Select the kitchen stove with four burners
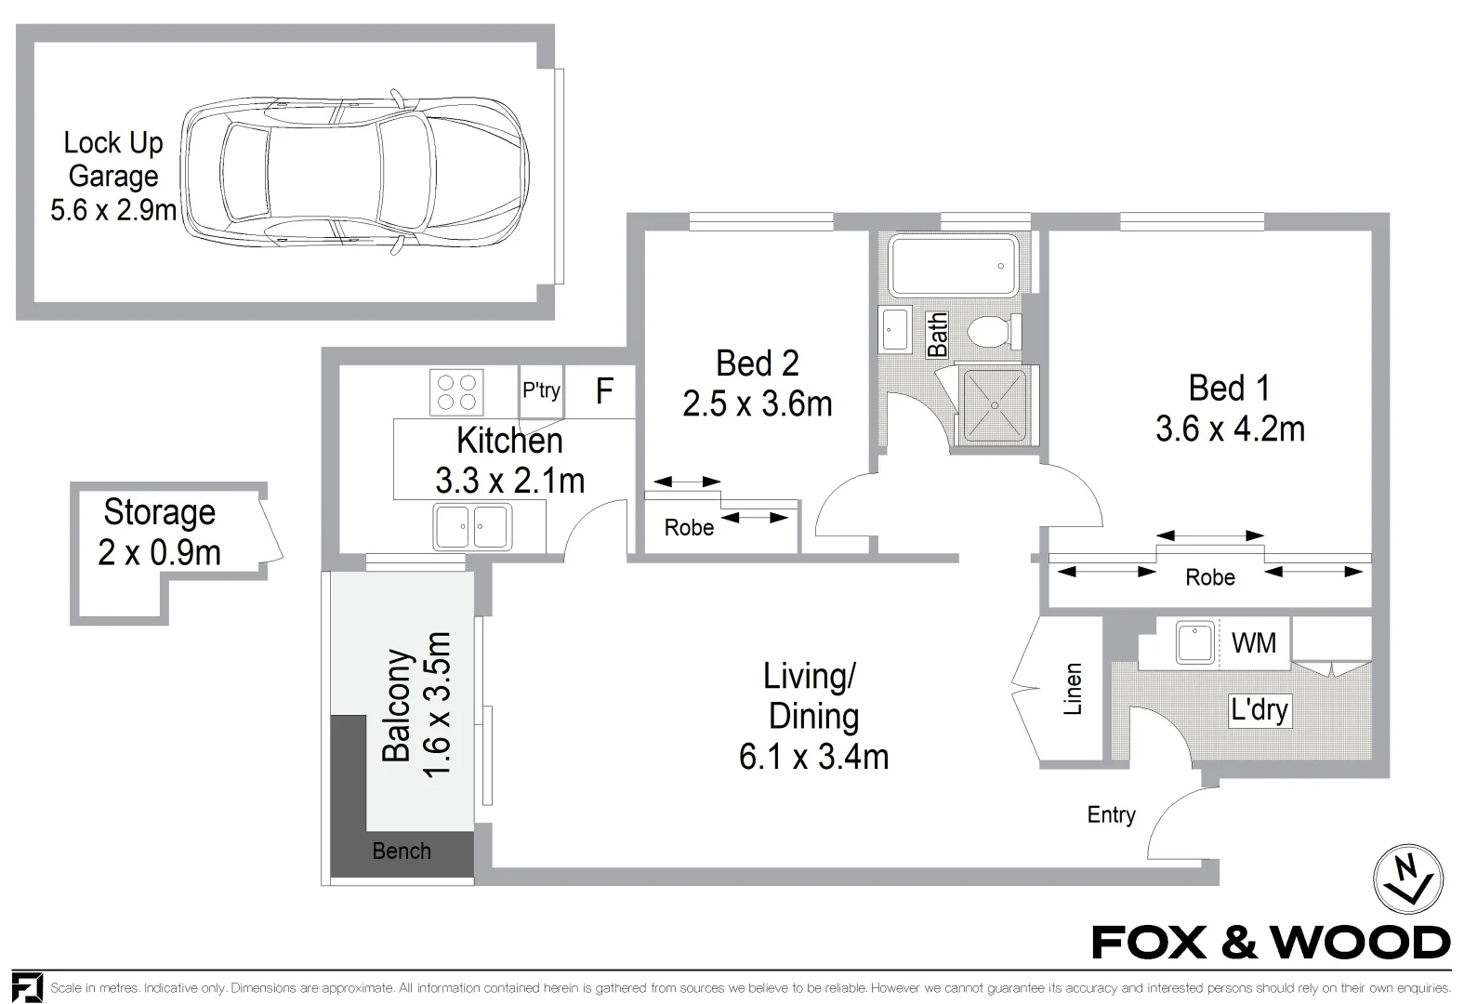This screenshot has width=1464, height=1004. (x=456, y=392)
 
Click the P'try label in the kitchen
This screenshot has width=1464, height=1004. (x=541, y=390)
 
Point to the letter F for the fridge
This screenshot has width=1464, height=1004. (x=604, y=391)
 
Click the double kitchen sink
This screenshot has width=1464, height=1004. (x=472, y=527)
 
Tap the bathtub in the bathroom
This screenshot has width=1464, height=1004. (x=953, y=266)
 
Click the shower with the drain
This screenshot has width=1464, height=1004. (x=994, y=407)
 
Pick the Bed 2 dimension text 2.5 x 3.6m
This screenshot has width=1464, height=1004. (x=758, y=404)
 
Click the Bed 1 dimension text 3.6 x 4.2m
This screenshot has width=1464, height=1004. (x=1230, y=429)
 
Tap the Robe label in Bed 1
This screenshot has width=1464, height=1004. (x=1210, y=577)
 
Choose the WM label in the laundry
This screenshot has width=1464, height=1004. (x=1253, y=642)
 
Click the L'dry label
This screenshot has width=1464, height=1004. (x=1260, y=710)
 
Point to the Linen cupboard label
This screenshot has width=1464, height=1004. (x=1073, y=689)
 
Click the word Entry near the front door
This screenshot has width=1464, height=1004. (x=1111, y=815)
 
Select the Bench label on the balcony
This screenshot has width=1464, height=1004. (x=402, y=851)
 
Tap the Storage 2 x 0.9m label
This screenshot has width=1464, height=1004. (x=159, y=533)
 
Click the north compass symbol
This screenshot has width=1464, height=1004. (x=1408, y=878)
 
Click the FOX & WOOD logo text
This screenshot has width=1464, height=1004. (x=1271, y=943)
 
